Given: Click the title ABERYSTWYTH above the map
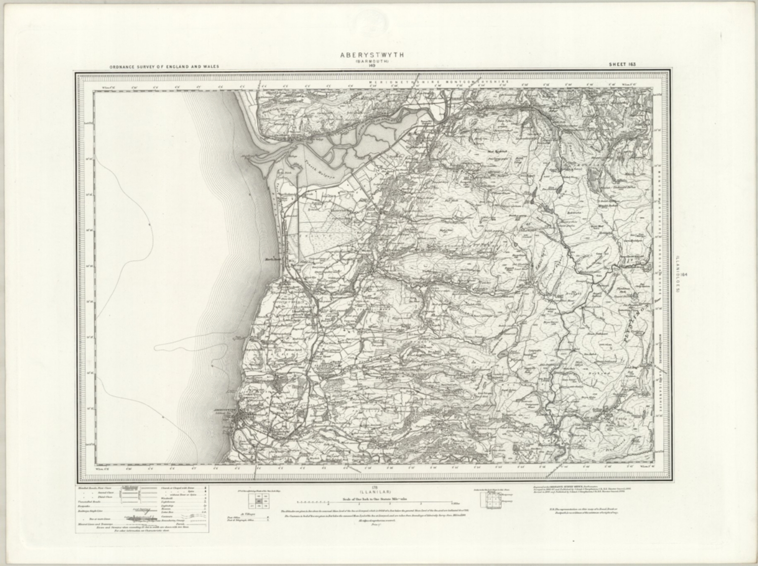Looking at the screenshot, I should pyautogui.click(x=372, y=55).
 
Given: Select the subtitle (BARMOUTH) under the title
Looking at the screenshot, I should pyautogui.click(x=372, y=61).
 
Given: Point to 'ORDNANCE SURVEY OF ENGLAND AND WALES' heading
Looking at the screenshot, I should pyautogui.click(x=164, y=66).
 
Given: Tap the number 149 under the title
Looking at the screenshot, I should pyautogui.click(x=372, y=66).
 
